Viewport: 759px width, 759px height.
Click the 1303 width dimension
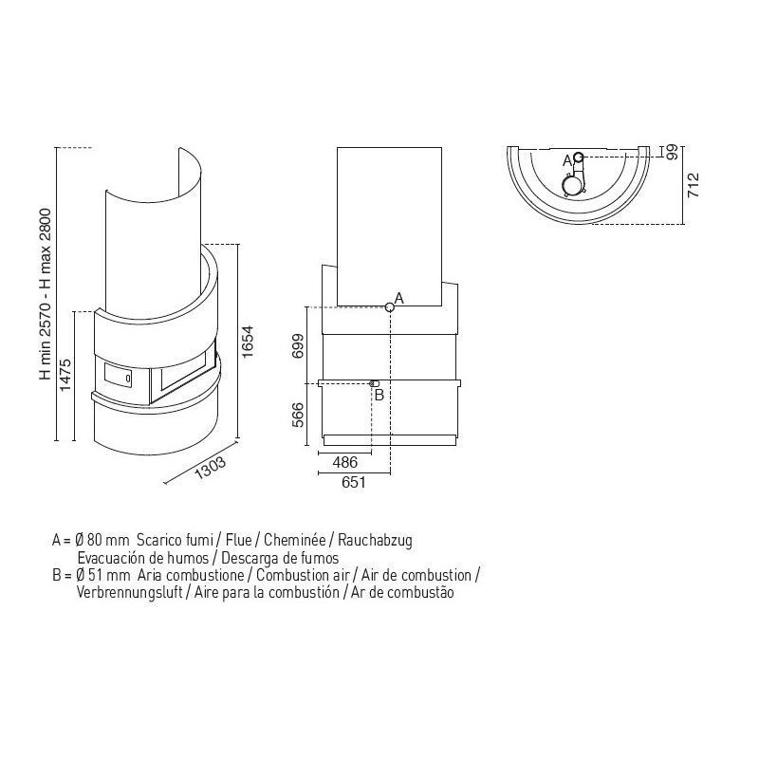[x=210, y=468]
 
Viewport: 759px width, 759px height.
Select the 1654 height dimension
[x=248, y=342]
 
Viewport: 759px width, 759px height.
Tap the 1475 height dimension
[x=65, y=374]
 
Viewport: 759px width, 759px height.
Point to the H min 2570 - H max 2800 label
[x=45, y=294]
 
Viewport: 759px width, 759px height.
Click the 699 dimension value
[x=298, y=345]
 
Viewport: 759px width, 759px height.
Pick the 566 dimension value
[x=298, y=415]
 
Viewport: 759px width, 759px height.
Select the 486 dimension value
[x=345, y=462]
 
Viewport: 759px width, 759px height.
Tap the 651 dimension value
[x=353, y=482]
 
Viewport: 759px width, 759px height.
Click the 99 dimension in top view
[x=673, y=153]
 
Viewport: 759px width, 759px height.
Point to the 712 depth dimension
[x=694, y=184]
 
